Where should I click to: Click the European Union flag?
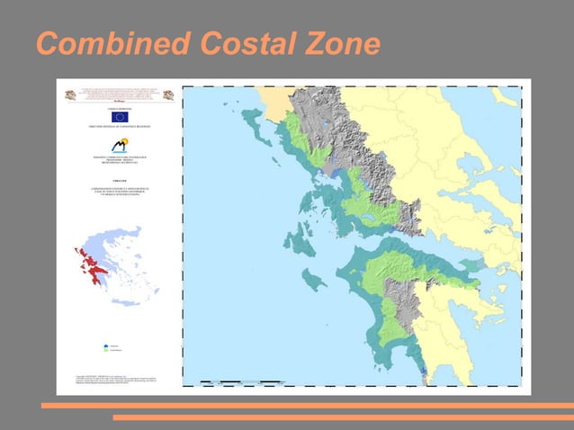click(x=120, y=117)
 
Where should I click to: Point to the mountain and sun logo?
click(x=120, y=145)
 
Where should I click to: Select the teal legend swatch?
click(x=107, y=345)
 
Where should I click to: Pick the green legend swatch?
click(x=107, y=352)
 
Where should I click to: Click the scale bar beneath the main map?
click(x=243, y=383)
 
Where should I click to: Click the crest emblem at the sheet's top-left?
click(x=67, y=94)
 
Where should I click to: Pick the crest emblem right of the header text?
click(x=168, y=94)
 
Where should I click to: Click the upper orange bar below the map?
click(x=307, y=406)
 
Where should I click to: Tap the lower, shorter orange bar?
click(x=343, y=417)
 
